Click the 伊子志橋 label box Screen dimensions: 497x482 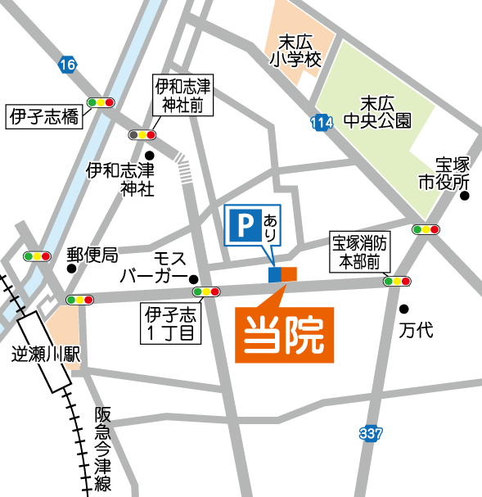click(44, 117)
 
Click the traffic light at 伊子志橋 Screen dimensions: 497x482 click(101, 103)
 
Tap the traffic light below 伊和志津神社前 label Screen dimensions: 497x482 click(142, 134)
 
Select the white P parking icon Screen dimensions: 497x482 click(241, 225)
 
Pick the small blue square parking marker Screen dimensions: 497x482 click(274, 274)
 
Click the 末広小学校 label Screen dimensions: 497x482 click(297, 50)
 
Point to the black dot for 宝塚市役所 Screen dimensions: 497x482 click(464, 196)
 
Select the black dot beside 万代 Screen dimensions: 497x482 click(403, 309)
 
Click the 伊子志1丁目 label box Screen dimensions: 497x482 click(170, 323)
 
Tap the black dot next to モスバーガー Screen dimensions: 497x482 click(194, 278)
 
